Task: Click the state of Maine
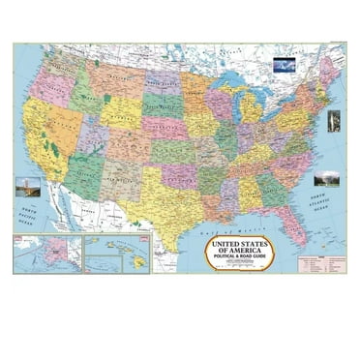[329, 72]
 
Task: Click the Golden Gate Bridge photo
[25, 185]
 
